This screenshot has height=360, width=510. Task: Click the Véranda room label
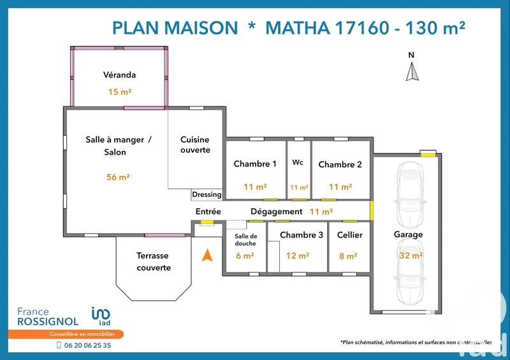(119, 75)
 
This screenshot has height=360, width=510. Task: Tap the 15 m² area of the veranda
(119, 92)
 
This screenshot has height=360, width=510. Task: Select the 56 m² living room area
(119, 177)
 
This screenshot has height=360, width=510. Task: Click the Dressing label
(207, 194)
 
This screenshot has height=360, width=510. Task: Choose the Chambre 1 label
(255, 164)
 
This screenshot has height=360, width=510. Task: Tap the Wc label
(298, 162)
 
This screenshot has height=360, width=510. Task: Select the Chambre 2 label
(340, 164)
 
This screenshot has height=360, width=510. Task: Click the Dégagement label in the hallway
(276, 212)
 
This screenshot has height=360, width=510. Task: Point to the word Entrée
(208, 212)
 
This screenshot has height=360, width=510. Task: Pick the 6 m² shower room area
(245, 256)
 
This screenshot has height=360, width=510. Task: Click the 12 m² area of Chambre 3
(298, 256)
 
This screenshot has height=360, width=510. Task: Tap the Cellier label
(349, 235)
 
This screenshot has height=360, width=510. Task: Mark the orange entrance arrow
(207, 256)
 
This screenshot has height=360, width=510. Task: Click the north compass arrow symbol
(412, 69)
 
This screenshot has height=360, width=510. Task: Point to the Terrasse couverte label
(154, 261)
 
